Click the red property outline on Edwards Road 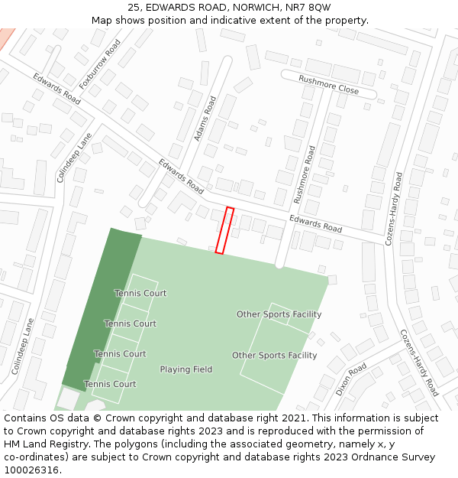tap(224, 229)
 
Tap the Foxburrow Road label tap(100, 64)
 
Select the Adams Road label tap(205, 119)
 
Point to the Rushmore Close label tap(328, 84)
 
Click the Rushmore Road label tap(304, 175)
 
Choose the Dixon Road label tap(351, 379)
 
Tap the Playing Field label tap(185, 369)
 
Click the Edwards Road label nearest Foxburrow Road tap(56, 89)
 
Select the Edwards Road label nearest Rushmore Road tap(315, 223)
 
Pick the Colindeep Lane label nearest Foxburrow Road tap(74, 158)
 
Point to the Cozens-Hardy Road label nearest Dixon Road tap(420, 363)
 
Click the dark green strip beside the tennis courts tap(103, 306)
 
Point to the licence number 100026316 tap(31, 470)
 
